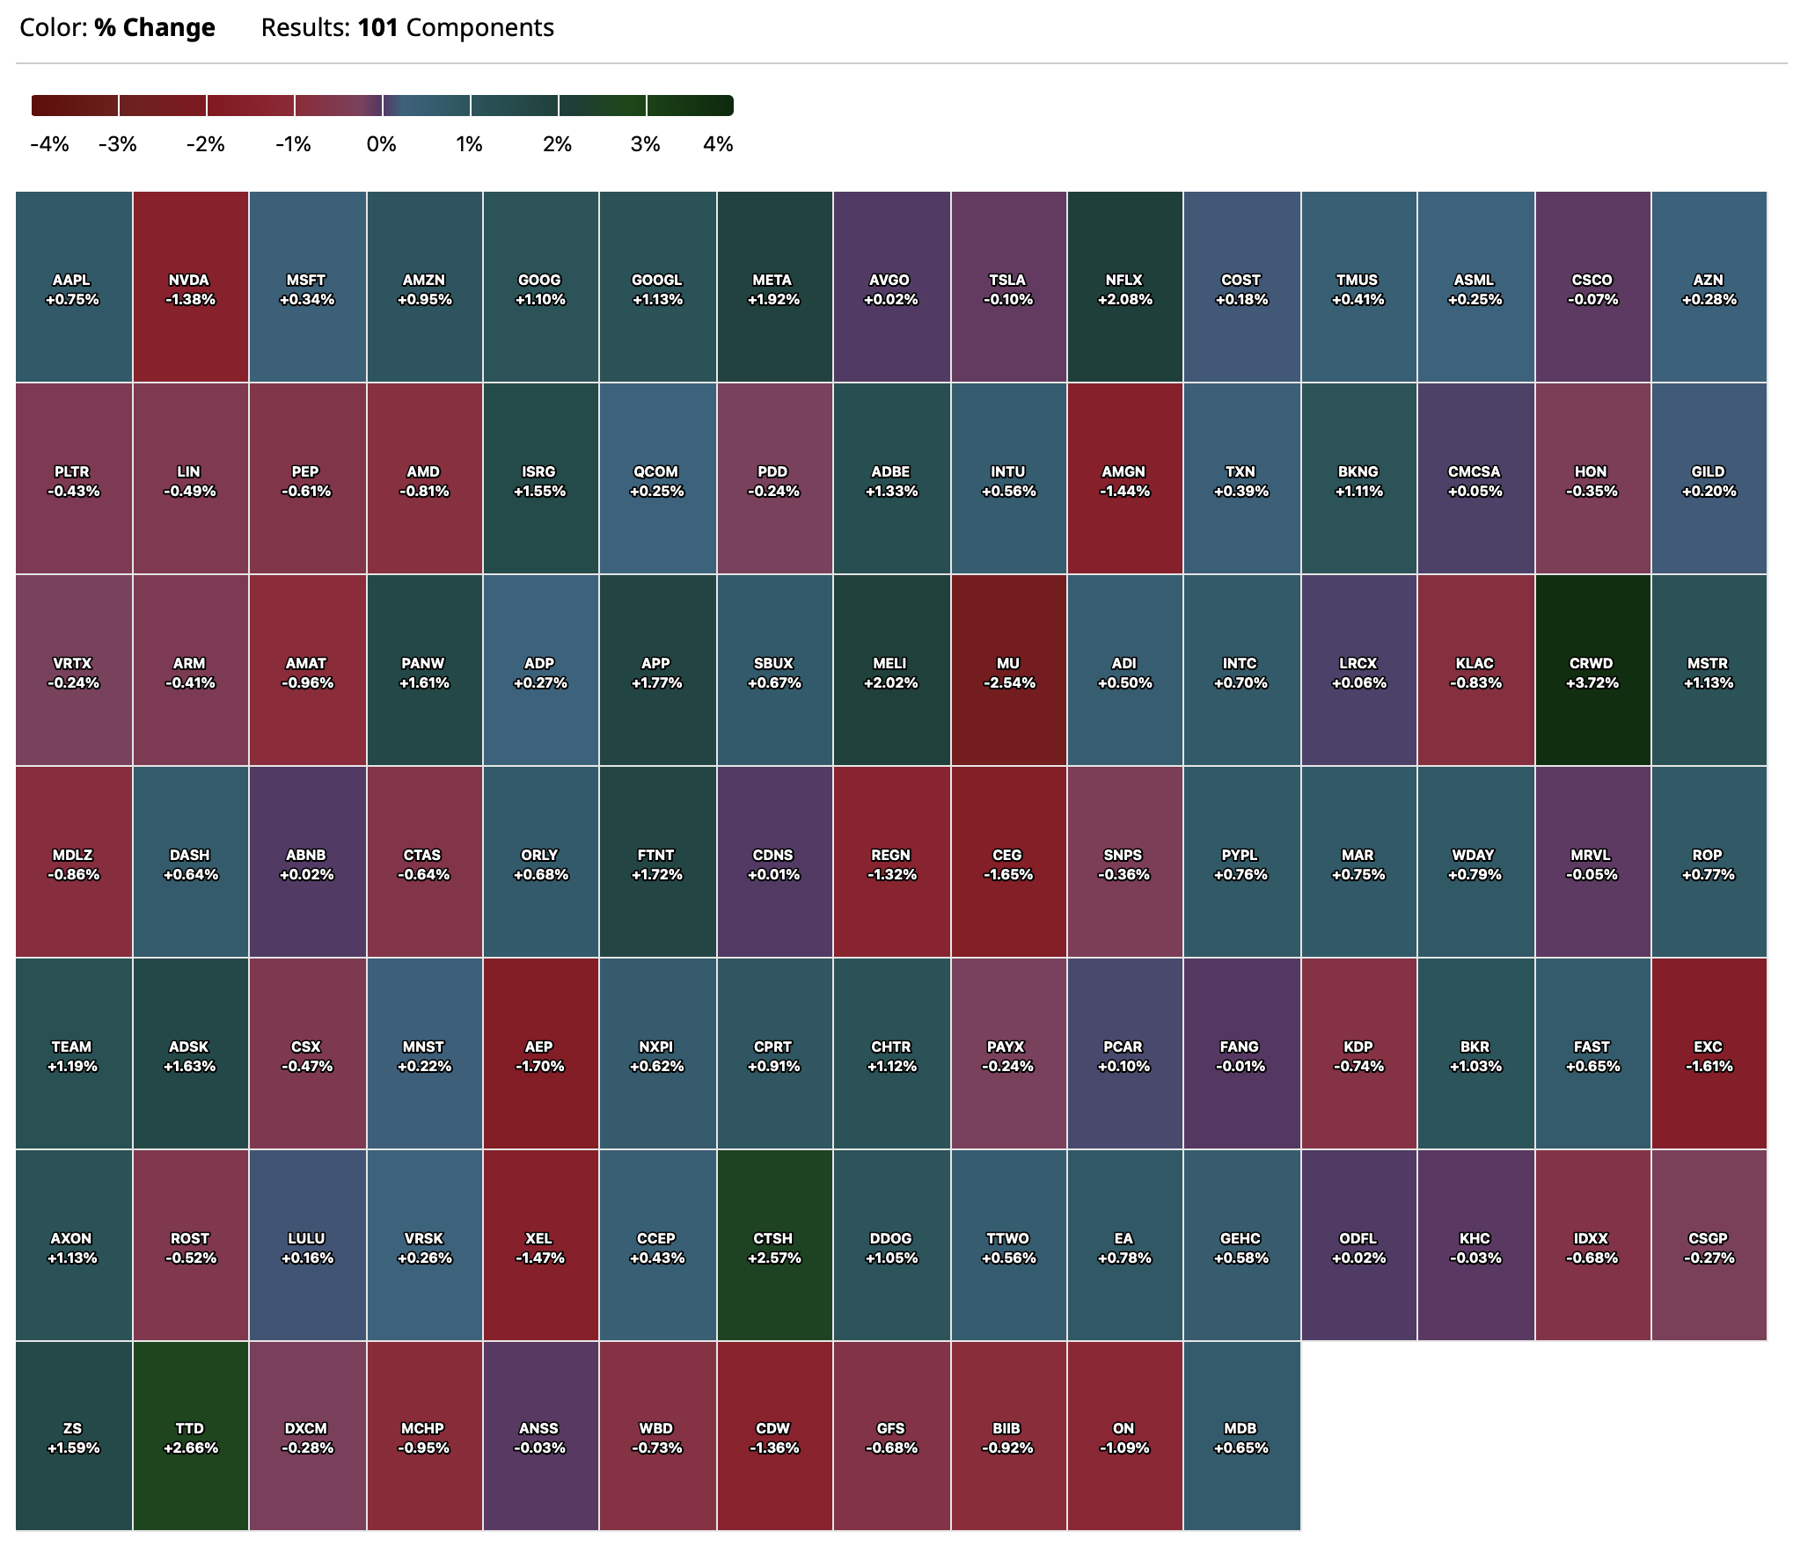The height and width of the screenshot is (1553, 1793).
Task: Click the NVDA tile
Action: (x=190, y=288)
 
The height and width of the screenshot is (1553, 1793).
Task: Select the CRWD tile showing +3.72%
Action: (x=1592, y=671)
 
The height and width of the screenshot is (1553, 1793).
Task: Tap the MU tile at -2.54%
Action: (x=1008, y=671)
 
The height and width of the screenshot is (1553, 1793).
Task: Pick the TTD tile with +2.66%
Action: (x=190, y=1436)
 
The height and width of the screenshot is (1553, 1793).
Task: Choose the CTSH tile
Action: (x=773, y=1246)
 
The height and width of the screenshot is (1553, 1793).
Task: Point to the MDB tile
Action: (x=1241, y=1436)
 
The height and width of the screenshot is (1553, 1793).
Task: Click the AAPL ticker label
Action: (x=72, y=280)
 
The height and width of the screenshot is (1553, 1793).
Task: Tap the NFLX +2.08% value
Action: (x=1124, y=300)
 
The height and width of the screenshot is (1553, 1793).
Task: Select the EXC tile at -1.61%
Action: (x=1709, y=1054)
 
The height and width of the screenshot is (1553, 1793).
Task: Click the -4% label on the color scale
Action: (x=49, y=144)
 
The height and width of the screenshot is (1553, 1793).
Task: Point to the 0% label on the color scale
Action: (x=381, y=144)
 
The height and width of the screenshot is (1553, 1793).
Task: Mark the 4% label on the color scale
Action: (x=718, y=144)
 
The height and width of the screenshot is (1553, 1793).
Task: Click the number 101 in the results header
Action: (x=378, y=28)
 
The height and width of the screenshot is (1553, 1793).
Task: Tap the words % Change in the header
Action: (x=155, y=28)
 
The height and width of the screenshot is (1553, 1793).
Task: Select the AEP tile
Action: (x=540, y=1054)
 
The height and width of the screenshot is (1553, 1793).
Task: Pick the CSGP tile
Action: (x=1709, y=1246)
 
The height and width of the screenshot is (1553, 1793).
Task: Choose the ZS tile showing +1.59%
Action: (x=74, y=1436)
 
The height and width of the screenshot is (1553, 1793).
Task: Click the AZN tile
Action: (x=1709, y=288)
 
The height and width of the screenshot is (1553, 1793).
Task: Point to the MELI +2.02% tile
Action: (x=891, y=671)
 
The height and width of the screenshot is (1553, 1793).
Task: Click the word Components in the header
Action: (x=480, y=28)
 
